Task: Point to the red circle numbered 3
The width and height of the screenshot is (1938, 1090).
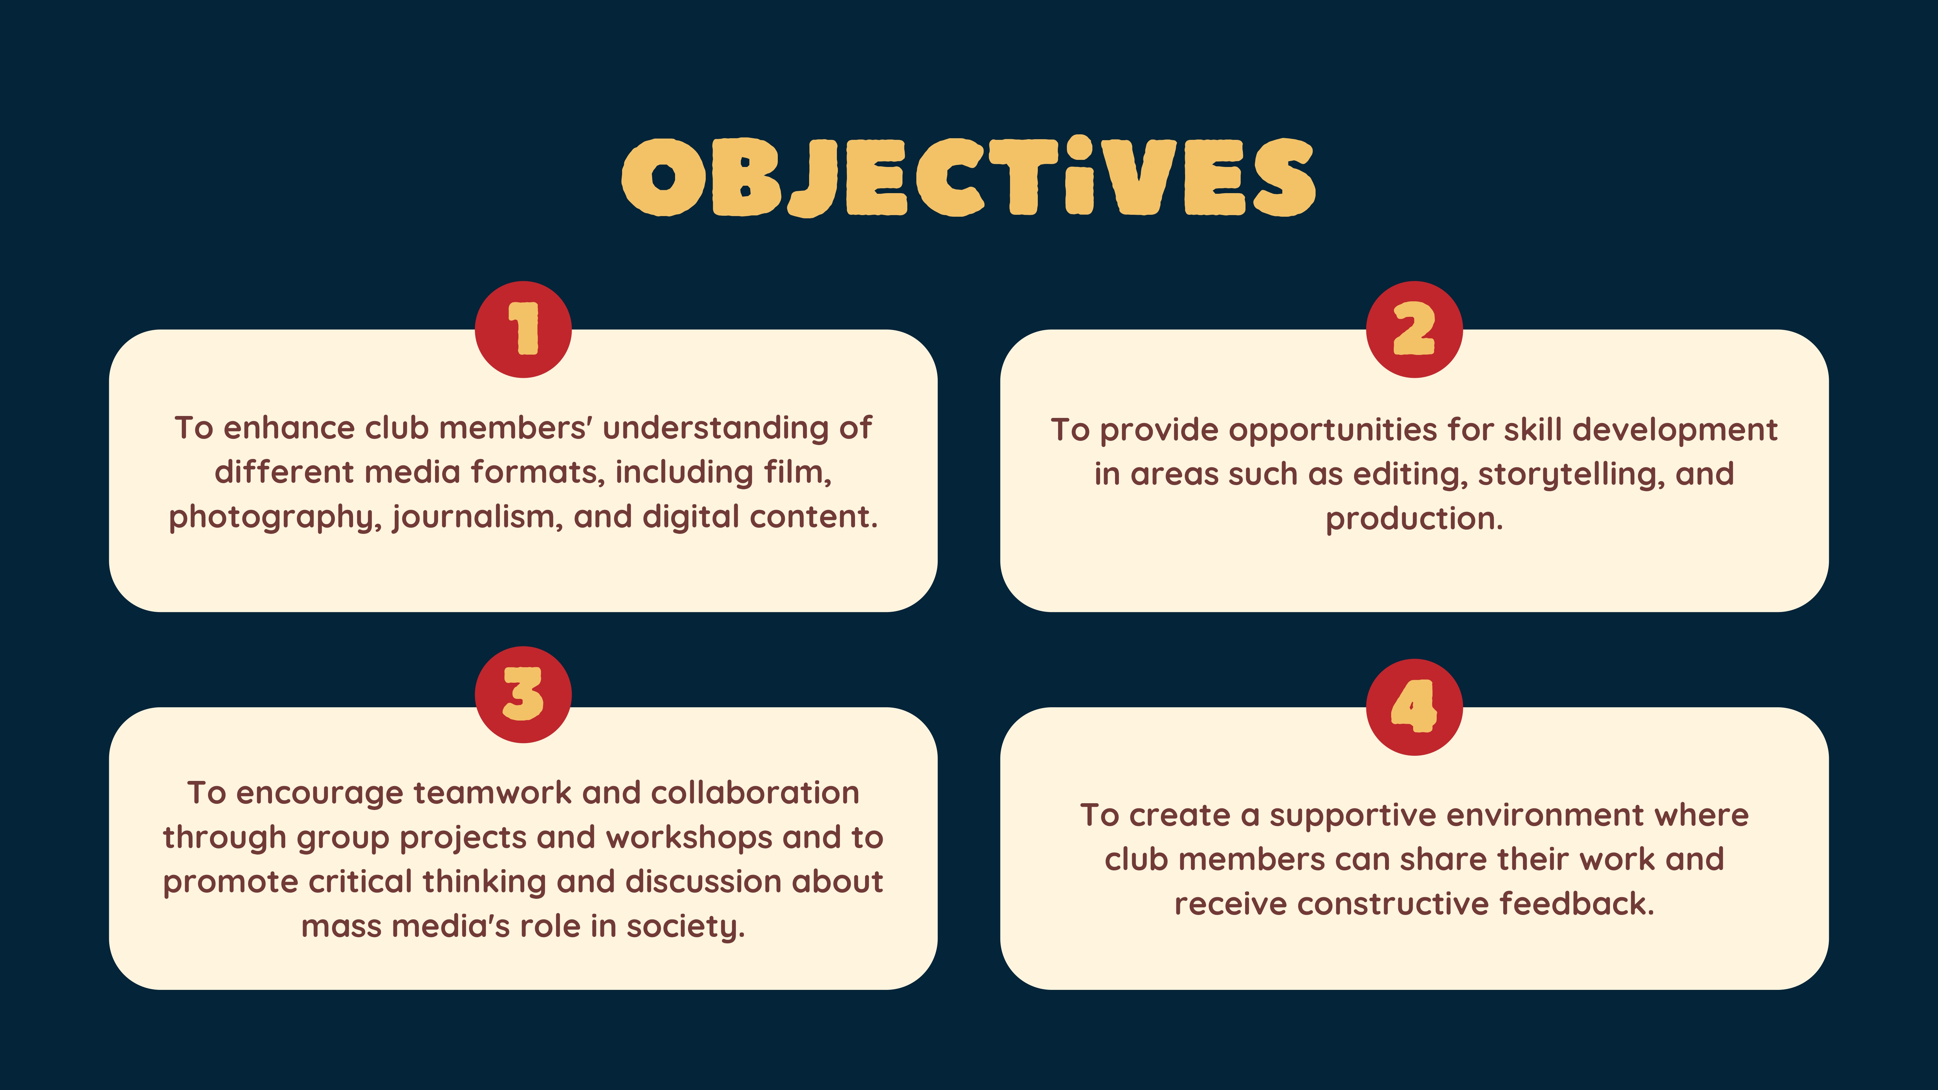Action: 523,694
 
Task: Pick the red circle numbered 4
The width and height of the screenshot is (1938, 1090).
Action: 1414,707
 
